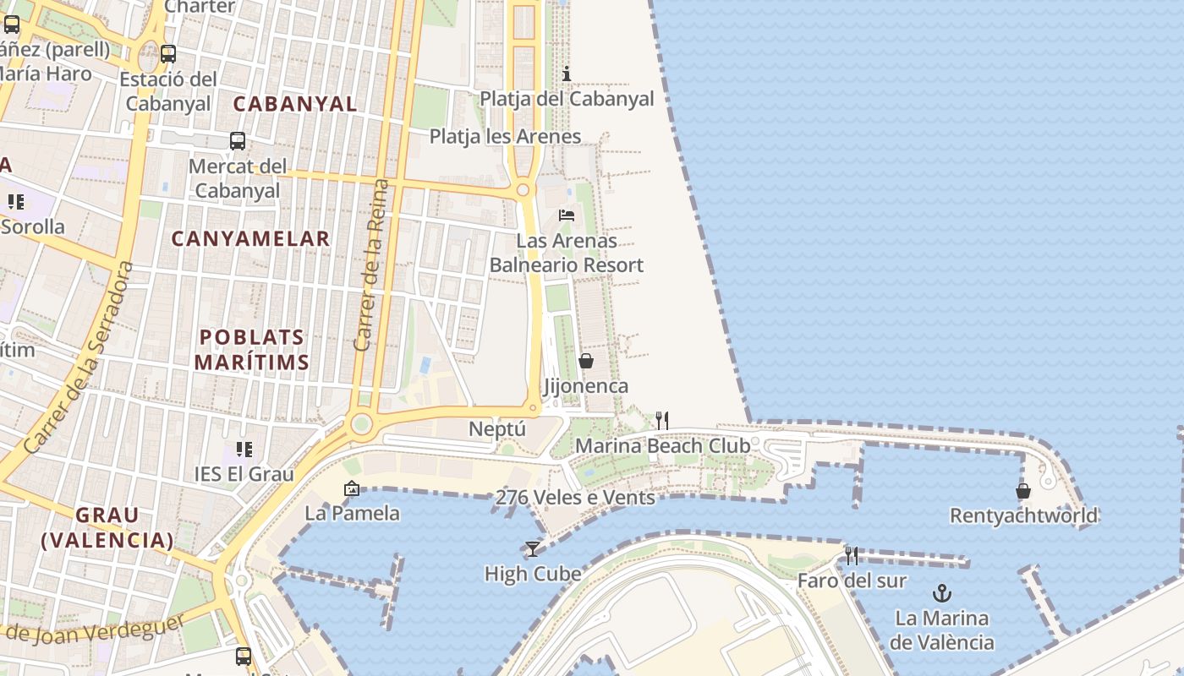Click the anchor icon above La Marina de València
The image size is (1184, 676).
coord(941,592)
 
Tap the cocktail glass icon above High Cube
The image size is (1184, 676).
coord(533,549)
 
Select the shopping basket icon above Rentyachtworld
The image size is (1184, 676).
coord(1023,490)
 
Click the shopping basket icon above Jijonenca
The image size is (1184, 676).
coord(585,361)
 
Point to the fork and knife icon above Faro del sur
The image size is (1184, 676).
coord(852,555)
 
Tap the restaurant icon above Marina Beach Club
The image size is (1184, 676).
coord(662,420)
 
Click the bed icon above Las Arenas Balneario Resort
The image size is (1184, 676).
coord(567,215)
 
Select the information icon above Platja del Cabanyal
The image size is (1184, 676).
coord(567,74)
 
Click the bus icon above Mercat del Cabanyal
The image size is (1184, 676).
coord(238,141)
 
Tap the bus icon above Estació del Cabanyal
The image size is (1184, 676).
coord(168,54)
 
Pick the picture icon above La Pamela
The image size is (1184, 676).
coord(352,488)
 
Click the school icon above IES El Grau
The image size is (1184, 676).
coord(244,449)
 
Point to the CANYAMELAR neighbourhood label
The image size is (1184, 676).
coord(250,239)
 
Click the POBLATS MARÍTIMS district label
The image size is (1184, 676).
coord(251,350)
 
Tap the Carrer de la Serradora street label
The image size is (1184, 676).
coord(80,357)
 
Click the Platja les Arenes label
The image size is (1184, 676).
coord(505,136)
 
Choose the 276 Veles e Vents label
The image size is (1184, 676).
coord(575,498)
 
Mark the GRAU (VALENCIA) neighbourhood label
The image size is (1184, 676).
coord(107,527)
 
